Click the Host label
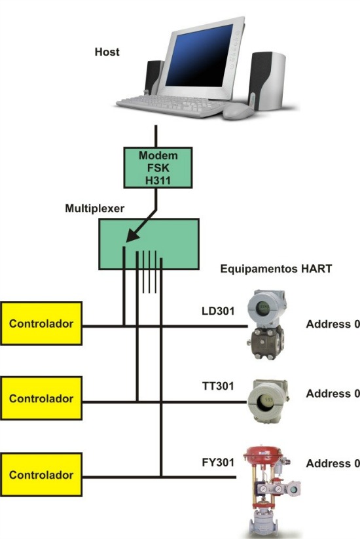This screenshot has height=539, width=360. (107, 52)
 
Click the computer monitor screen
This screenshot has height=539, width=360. (199, 56)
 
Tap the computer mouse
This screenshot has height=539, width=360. (238, 111)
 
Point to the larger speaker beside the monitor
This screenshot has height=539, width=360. (267, 80)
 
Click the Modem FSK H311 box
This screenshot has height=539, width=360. (158, 167)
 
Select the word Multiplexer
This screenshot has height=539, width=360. (94, 208)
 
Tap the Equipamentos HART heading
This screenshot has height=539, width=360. (276, 268)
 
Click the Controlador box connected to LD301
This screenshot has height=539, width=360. (41, 323)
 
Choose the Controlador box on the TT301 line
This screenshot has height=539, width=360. (41, 398)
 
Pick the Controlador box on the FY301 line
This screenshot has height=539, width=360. (41, 474)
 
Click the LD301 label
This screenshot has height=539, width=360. (218, 311)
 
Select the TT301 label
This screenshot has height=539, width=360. (218, 386)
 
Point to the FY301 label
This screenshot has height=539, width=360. (218, 462)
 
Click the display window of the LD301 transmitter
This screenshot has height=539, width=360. (264, 307)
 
